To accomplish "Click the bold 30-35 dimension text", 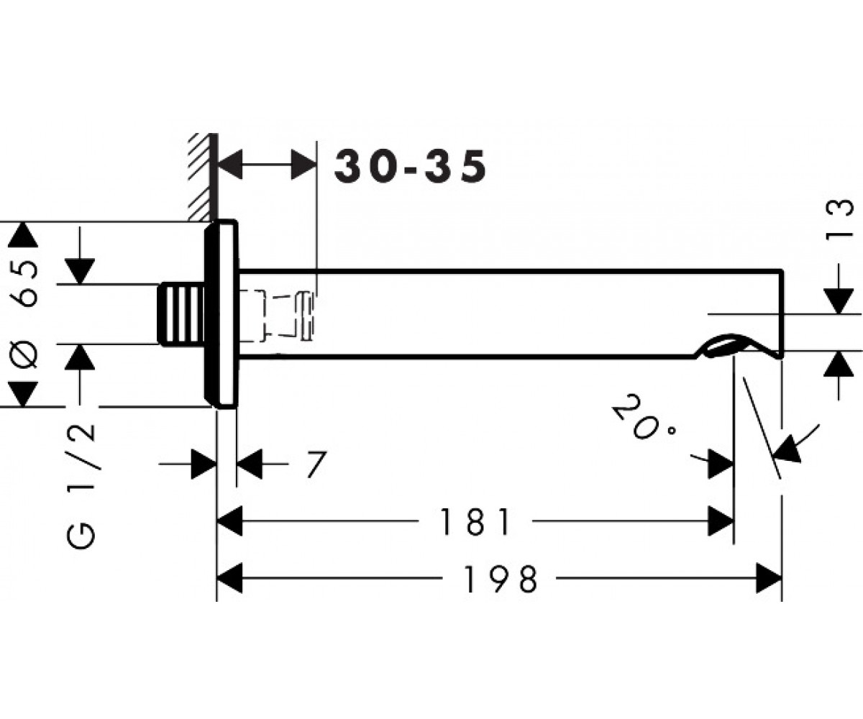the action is coord(411,166).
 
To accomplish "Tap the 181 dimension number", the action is coord(475,522).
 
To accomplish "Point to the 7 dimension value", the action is coord(316,464).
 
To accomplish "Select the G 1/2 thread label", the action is coord(81,487).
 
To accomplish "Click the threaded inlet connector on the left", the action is coord(181,314).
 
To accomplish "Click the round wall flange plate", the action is coord(222,314).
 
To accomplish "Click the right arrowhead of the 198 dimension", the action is coord(769,578).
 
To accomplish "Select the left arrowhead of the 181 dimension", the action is coord(230,521).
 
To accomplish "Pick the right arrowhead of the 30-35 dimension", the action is coord(303,165).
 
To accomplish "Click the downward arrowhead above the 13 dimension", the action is coord(839,301).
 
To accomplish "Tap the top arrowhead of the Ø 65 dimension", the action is coord(23,234).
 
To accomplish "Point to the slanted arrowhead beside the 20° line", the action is coord(787,449).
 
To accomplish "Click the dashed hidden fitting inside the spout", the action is coord(276,316).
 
